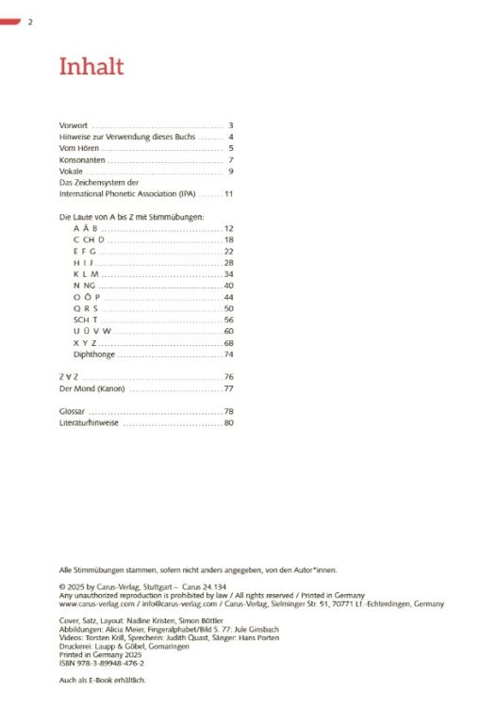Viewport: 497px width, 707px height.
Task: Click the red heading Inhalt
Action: point(91,68)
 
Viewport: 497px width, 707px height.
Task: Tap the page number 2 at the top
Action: point(31,21)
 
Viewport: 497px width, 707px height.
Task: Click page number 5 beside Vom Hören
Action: point(230,149)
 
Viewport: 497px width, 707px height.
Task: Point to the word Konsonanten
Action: point(81,160)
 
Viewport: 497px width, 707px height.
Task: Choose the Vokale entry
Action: point(71,172)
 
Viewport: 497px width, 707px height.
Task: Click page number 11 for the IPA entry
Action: point(228,194)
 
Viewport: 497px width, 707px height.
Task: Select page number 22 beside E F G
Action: point(228,252)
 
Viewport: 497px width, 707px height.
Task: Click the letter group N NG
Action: point(84,286)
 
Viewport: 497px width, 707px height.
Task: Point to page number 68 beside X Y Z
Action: point(228,342)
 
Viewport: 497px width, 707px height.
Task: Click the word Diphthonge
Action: point(93,353)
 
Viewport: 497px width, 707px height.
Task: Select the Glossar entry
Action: point(72,412)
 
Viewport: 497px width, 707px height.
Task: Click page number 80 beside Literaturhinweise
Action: point(228,423)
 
